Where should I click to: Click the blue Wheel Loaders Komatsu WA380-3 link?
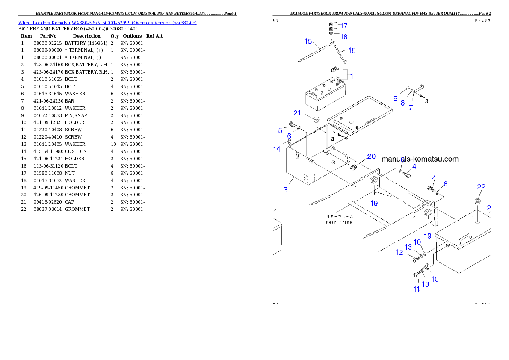click(107, 23)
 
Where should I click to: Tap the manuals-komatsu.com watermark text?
click(420, 159)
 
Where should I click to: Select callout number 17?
click(343, 26)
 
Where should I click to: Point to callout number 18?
click(343, 37)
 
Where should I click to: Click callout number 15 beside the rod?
click(308, 41)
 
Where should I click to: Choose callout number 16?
click(352, 50)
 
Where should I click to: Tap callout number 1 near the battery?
click(352, 76)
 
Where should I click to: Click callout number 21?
click(298, 113)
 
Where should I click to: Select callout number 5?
click(280, 130)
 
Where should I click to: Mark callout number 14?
click(277, 149)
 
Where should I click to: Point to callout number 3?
click(285, 189)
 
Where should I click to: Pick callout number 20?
click(371, 156)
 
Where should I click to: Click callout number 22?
click(481, 187)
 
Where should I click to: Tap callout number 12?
click(399, 252)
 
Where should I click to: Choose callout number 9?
click(395, 98)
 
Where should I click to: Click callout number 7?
click(411, 108)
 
